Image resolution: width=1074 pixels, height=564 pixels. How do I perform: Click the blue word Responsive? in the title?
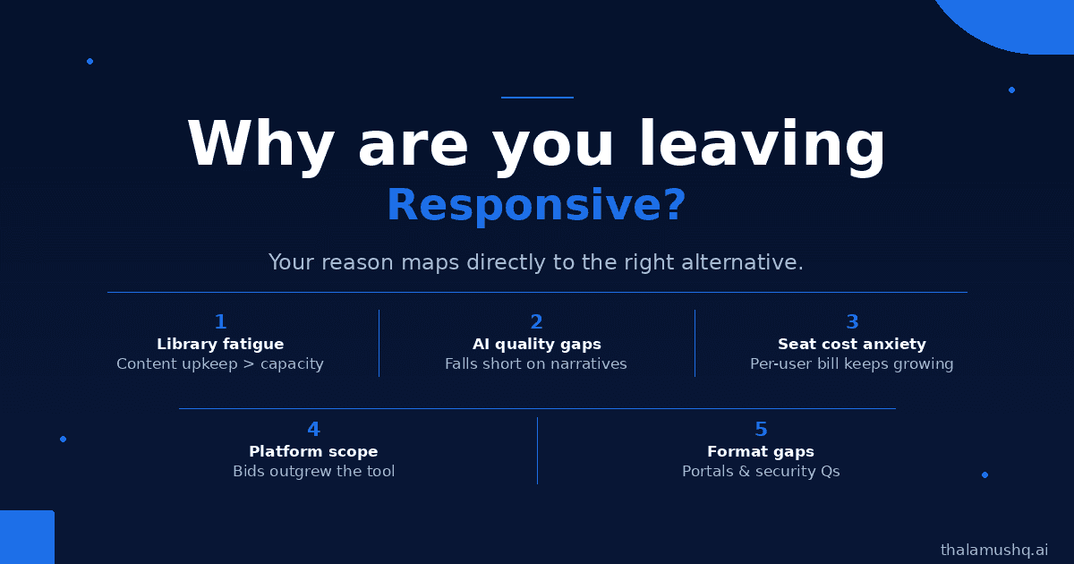(536, 205)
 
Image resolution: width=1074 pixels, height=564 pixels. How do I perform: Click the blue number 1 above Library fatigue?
(220, 321)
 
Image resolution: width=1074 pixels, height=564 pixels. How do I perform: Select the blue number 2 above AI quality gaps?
(536, 321)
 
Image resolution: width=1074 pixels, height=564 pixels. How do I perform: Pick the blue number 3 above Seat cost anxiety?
(852, 321)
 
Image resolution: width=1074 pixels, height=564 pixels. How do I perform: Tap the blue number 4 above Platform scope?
(313, 429)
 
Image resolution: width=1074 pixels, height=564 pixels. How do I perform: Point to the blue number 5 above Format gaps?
(761, 429)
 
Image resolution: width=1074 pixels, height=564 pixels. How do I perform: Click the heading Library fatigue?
(220, 345)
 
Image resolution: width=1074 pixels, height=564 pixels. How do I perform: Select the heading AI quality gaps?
(536, 345)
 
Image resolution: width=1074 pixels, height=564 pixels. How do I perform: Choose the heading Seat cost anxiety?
(852, 345)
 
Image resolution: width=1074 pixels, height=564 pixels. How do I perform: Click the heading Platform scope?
(313, 452)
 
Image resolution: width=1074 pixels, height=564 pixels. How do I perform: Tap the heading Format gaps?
(761, 452)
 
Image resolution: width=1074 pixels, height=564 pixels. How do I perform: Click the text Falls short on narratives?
(536, 364)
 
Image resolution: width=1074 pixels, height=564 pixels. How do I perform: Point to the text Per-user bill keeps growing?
(852, 364)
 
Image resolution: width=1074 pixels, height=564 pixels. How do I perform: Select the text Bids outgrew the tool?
(314, 472)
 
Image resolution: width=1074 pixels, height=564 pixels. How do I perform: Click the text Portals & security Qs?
(761, 472)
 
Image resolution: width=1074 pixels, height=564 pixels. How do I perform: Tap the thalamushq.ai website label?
(994, 550)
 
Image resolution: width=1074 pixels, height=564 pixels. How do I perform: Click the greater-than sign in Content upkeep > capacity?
(249, 364)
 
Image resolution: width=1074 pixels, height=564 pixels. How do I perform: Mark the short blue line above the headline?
(537, 98)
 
